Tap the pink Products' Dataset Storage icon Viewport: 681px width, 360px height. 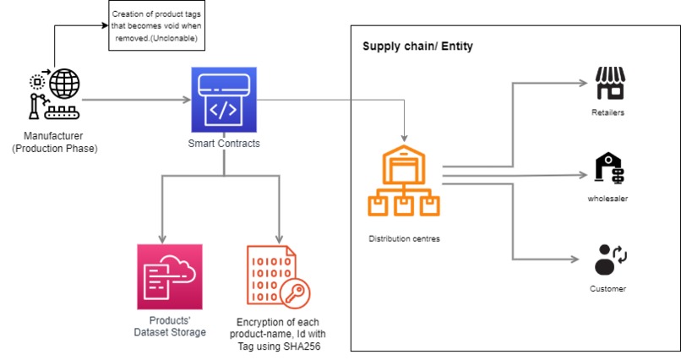(169, 277)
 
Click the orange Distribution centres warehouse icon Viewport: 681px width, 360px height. (404, 181)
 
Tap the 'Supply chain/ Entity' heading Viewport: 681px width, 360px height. (417, 46)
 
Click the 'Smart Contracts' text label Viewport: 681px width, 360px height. (223, 144)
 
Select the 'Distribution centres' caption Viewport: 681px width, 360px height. (404, 238)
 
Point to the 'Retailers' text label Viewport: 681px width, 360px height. (608, 112)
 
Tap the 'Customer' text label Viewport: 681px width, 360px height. (608, 289)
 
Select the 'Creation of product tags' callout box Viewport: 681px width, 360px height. (161, 26)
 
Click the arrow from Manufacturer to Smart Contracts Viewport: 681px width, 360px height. (135, 101)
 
